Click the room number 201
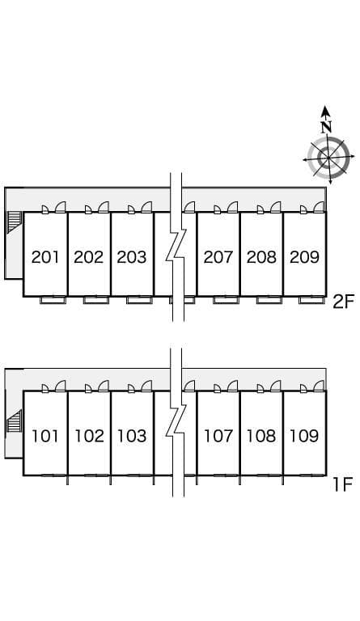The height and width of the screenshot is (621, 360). click(45, 257)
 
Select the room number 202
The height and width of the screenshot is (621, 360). click(89, 257)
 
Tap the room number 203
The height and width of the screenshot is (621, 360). click(132, 257)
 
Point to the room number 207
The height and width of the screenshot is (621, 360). click(218, 257)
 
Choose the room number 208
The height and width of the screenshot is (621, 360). click(261, 257)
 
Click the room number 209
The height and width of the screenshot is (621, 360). click(304, 257)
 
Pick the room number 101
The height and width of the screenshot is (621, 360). click(45, 436)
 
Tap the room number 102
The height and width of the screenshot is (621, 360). click(89, 436)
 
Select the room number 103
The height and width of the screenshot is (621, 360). click(132, 436)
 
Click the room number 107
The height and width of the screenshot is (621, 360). click(218, 436)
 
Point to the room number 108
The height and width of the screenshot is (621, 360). click(261, 436)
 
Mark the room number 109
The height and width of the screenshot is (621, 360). click(304, 436)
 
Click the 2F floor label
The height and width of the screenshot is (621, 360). click(342, 302)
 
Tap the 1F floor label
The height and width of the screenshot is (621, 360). click(342, 484)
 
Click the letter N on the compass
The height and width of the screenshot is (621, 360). click(326, 127)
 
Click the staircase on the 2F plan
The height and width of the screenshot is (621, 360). click(14, 221)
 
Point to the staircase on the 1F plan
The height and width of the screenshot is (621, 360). click(14, 422)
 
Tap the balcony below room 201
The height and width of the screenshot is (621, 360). click(53, 300)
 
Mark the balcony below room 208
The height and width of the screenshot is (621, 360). click(269, 300)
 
